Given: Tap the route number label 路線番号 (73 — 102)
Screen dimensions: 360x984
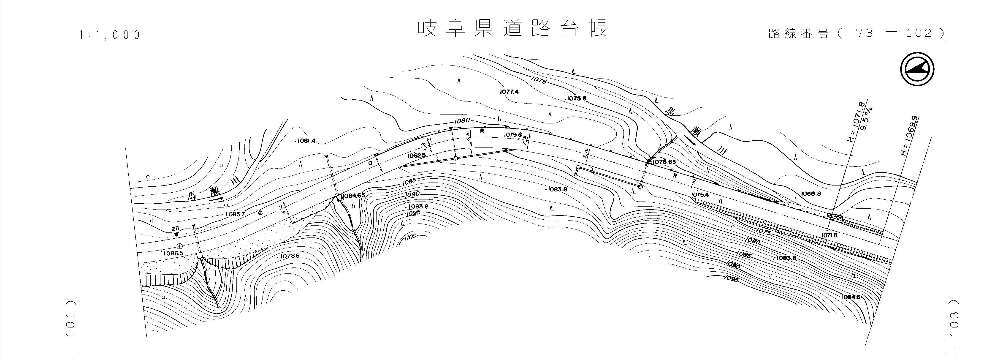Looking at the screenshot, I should pos(855,34).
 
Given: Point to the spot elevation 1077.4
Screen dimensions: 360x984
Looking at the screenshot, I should pos(508,92).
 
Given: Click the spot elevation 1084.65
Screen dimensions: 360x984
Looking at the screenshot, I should pos(353,196).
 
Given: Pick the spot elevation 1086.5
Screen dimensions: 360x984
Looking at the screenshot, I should pos(173,253).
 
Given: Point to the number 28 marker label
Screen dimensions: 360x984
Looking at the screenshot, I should pos(175,229).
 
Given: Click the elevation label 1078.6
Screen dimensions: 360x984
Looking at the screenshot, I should pos(290,256).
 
